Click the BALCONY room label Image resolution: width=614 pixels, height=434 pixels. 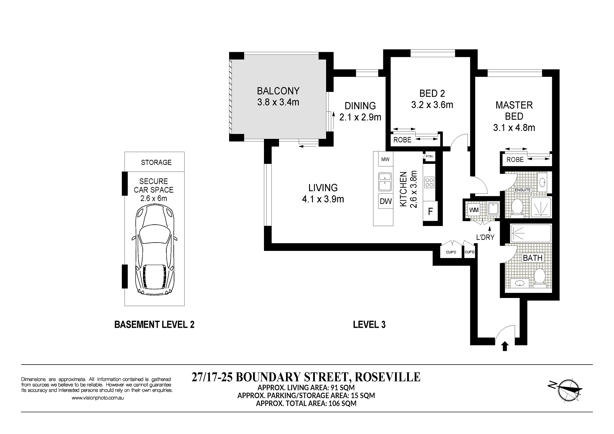pyautogui.click(x=278, y=91)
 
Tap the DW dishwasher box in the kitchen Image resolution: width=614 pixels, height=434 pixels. pyautogui.click(x=386, y=201)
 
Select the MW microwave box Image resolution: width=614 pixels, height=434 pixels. pyautogui.click(x=385, y=159)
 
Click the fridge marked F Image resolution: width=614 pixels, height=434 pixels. pyautogui.click(x=430, y=211)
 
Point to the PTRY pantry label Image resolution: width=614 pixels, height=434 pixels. pyautogui.click(x=429, y=157)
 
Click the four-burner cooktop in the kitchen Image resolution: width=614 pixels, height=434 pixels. pyautogui.click(x=429, y=182)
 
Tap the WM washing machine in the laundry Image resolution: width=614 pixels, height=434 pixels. pyautogui.click(x=474, y=210)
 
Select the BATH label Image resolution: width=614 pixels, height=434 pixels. pyautogui.click(x=532, y=258)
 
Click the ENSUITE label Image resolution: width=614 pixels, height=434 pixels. pyautogui.click(x=523, y=190)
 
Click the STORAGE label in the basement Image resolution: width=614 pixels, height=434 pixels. pyautogui.click(x=156, y=163)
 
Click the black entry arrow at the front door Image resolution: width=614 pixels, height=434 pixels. pyautogui.click(x=505, y=346)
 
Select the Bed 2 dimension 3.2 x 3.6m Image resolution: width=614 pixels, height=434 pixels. pyautogui.click(x=432, y=105)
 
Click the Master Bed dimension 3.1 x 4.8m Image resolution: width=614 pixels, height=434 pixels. pyautogui.click(x=514, y=128)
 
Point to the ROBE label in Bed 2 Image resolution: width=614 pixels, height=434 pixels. pyautogui.click(x=402, y=140)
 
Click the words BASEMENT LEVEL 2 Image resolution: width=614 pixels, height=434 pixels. pyautogui.click(x=154, y=325)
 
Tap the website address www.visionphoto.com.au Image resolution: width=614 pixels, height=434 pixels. pyautogui.click(x=98, y=398)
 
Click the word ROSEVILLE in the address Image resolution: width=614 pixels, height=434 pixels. pyautogui.click(x=387, y=377)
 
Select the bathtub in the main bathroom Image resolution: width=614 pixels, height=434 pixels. pyautogui.click(x=531, y=233)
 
